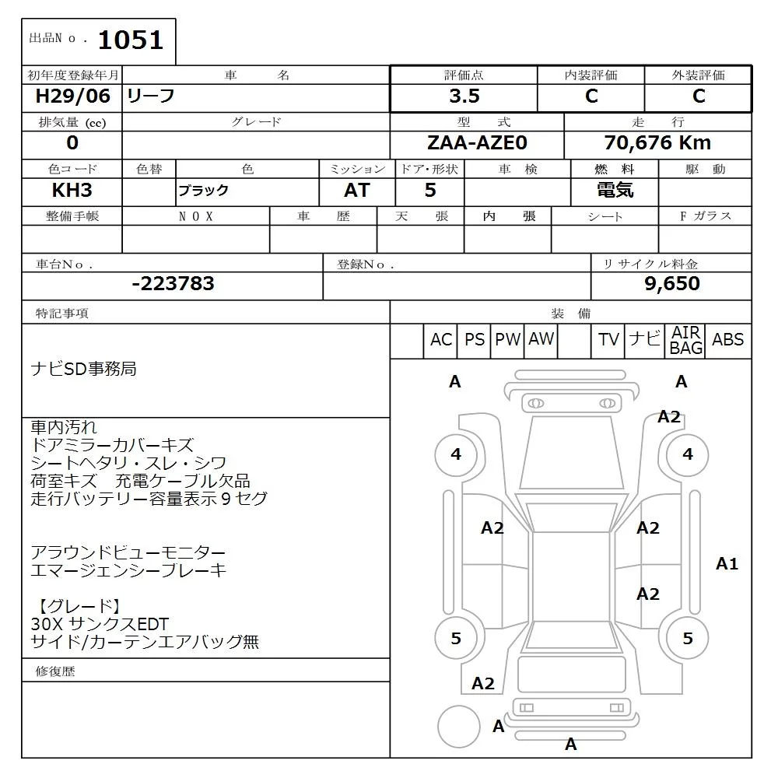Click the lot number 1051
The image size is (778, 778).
[131, 40]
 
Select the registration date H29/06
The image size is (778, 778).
[72, 96]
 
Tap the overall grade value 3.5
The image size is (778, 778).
[464, 96]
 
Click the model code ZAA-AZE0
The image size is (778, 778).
[477, 143]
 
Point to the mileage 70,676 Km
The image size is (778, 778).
[657, 143]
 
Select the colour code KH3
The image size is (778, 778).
[72, 190]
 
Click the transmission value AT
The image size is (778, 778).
[357, 190]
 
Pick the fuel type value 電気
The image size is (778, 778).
[615, 190]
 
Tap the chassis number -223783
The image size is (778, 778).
[173, 283]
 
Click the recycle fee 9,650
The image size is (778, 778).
[672, 283]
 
